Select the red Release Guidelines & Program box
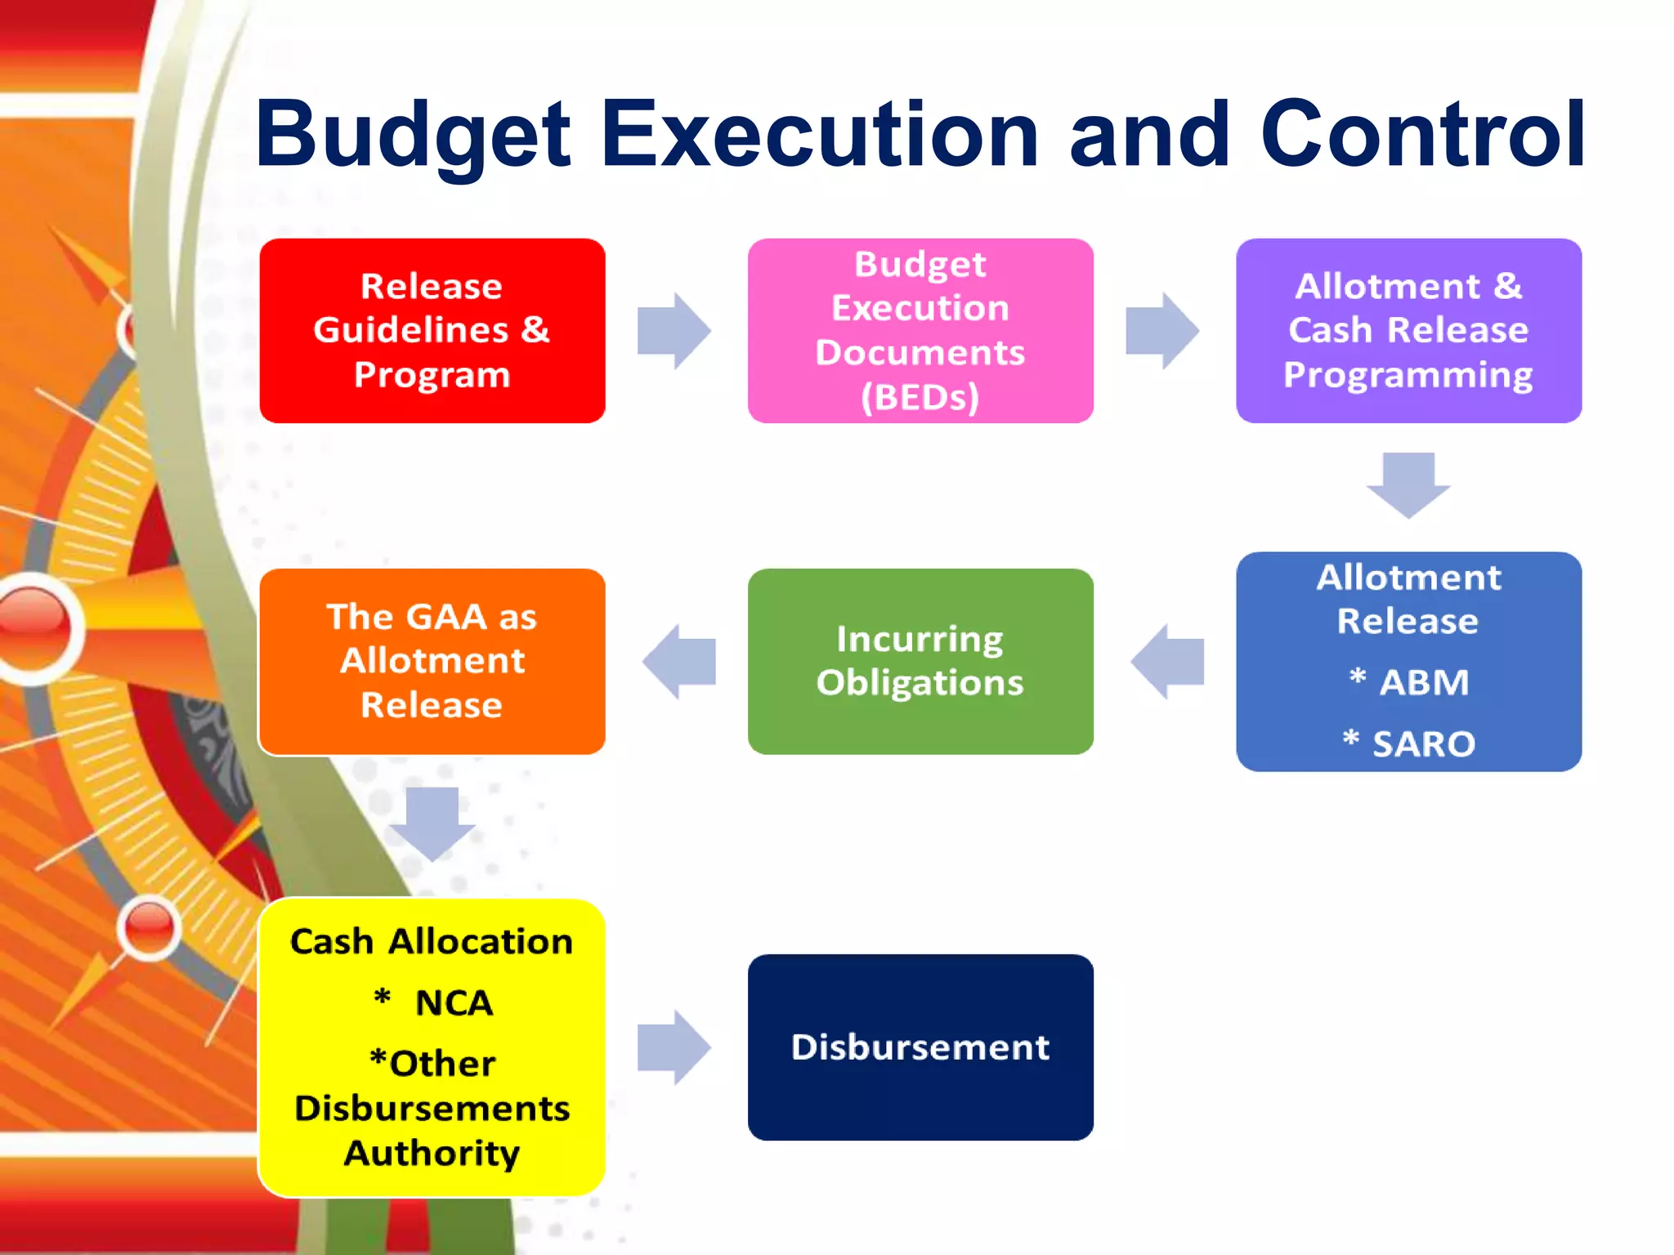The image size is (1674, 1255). pyautogui.click(x=432, y=331)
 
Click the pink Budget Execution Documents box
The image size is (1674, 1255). pyautogui.click(x=920, y=331)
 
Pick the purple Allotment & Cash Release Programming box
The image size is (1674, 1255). pyautogui.click(x=1408, y=331)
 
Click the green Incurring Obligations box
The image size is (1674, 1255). pyautogui.click(x=920, y=661)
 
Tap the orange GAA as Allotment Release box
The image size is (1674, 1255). pyautogui.click(x=432, y=661)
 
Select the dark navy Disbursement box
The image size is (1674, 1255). pyautogui.click(x=920, y=1047)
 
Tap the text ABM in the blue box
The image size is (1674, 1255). pyautogui.click(x=1424, y=682)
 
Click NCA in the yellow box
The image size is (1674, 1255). pyautogui.click(x=454, y=1003)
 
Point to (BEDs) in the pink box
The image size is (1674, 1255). pyautogui.click(x=920, y=398)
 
